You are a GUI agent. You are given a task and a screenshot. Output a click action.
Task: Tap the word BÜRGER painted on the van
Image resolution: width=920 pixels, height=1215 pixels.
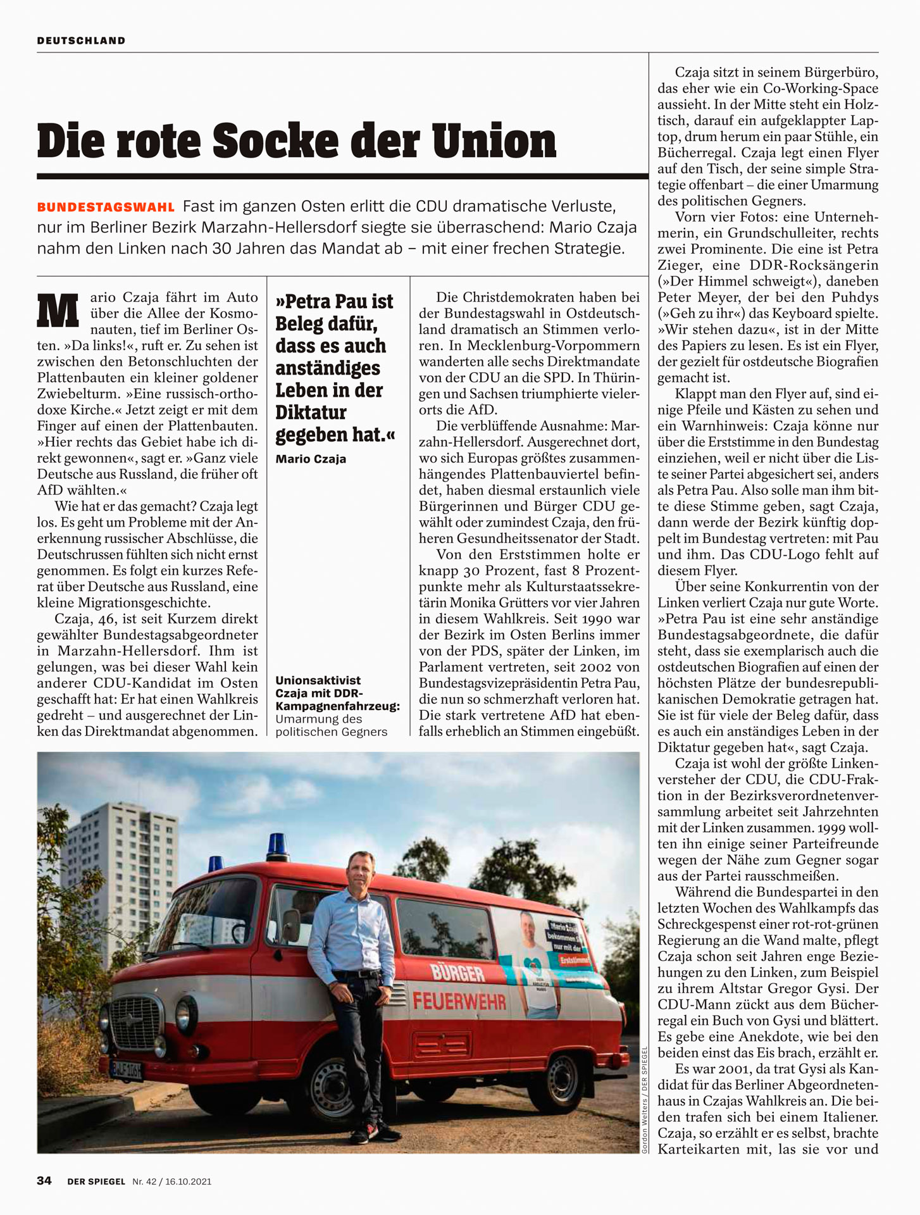pos(457,973)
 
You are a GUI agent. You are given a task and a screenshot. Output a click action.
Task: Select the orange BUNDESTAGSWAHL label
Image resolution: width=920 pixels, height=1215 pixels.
pos(106,208)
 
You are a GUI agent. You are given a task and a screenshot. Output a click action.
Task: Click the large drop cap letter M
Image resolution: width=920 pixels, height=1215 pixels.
pos(58,310)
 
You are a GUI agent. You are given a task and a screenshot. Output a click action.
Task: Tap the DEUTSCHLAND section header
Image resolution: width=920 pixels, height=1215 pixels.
pos(81,40)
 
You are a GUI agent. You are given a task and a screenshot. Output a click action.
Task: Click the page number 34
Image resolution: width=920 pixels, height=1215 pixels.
pos(44,1180)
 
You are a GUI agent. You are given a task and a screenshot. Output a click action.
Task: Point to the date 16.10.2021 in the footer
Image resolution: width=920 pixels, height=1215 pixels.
pos(189,1181)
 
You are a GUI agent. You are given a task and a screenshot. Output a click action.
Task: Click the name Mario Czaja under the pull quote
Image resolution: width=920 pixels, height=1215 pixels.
pos(311,459)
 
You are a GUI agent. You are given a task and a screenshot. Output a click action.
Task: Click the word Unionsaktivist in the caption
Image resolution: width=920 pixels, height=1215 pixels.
pos(318,680)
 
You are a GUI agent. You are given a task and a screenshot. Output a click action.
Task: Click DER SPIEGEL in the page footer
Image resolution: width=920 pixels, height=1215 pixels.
pos(96,1181)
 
